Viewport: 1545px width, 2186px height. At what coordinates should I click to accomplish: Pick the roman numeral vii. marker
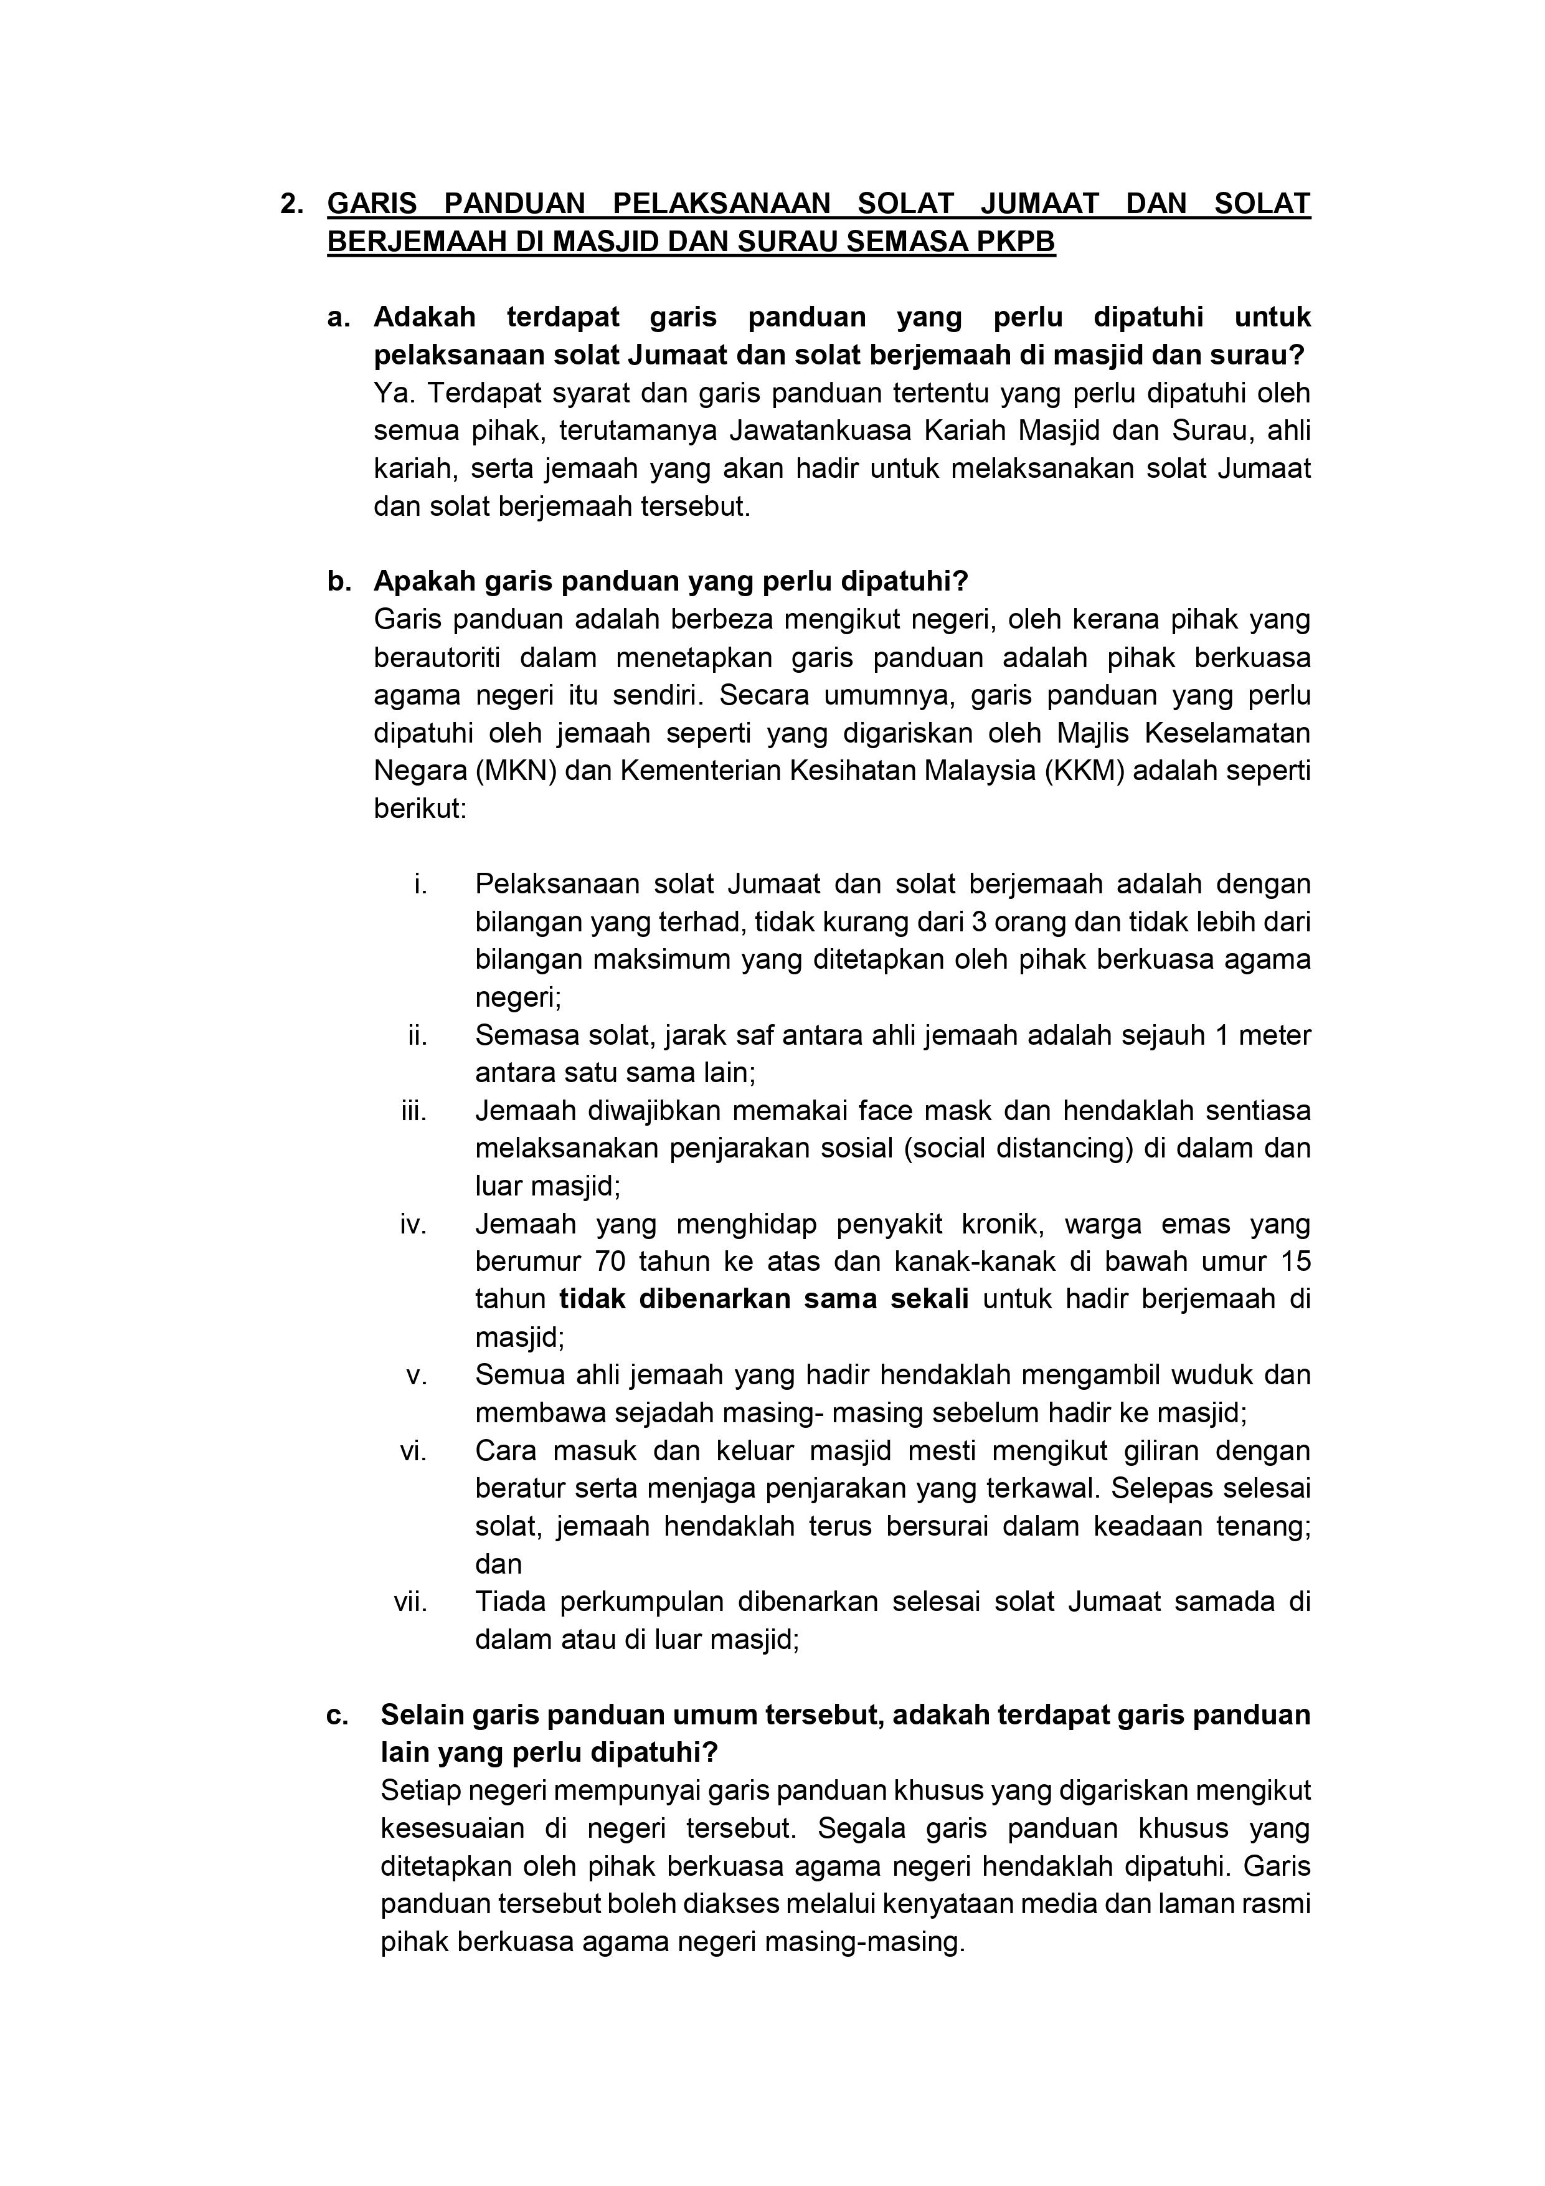coord(410,1602)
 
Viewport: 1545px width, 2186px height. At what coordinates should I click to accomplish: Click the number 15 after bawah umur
coord(1295,1262)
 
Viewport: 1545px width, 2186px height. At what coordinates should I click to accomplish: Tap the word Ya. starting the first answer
coord(395,393)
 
